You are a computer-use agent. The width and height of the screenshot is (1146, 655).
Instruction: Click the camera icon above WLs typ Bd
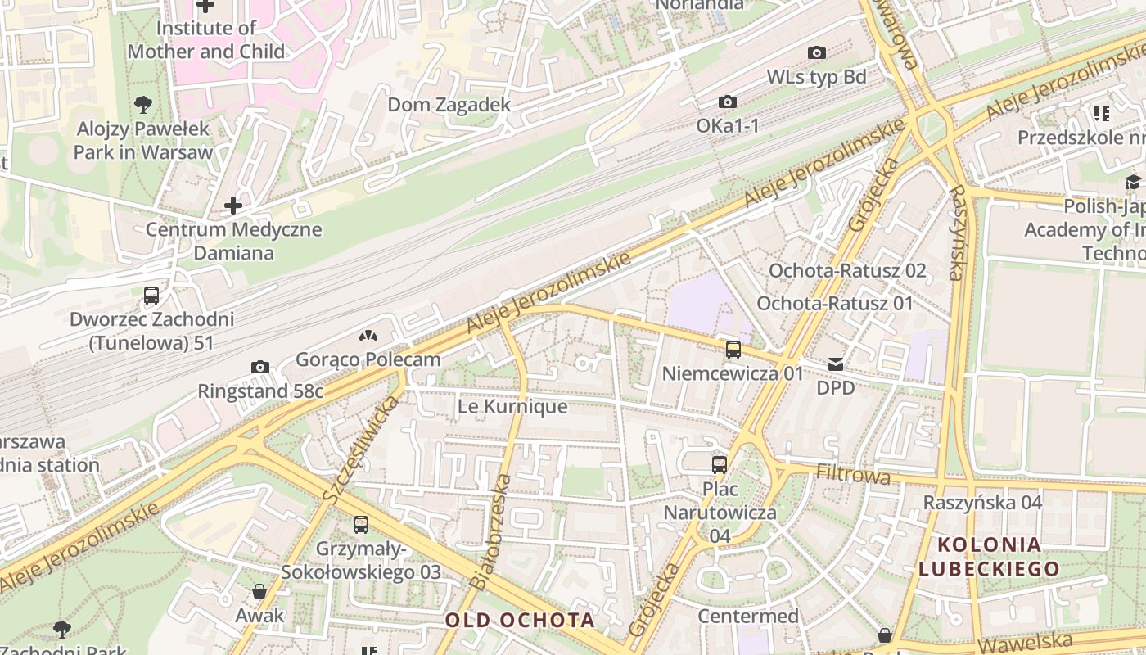pos(816,53)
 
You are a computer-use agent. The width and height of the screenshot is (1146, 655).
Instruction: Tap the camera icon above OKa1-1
pos(727,102)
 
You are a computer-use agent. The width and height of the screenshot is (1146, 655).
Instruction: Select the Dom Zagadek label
pos(449,105)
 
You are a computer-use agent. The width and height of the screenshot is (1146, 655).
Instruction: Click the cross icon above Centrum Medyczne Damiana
pos(233,206)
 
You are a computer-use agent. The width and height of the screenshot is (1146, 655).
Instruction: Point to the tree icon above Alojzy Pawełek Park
pos(143,104)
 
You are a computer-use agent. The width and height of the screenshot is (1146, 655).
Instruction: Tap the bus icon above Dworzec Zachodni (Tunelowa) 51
pos(151,296)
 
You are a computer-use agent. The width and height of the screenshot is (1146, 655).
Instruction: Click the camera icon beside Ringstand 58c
pos(260,367)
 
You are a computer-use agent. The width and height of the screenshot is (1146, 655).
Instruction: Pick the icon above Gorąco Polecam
pos(368,336)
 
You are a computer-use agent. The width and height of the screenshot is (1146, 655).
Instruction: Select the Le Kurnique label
pos(512,406)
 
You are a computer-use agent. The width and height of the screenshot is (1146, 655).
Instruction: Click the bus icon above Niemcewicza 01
pos(733,350)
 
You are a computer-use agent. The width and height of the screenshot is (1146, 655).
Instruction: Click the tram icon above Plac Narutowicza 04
pos(720,465)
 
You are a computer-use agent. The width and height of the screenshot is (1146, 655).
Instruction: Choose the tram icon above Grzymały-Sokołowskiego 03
pos(361,525)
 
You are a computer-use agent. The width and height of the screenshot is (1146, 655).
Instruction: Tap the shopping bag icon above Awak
pos(259,591)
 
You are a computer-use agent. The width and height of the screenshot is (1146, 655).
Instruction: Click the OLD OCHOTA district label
pos(520,620)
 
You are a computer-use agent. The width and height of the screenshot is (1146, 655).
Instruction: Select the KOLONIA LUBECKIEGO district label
pos(989,556)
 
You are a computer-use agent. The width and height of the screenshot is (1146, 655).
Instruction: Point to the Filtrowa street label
pos(853,474)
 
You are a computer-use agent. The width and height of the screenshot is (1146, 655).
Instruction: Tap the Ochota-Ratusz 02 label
pos(847,271)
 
